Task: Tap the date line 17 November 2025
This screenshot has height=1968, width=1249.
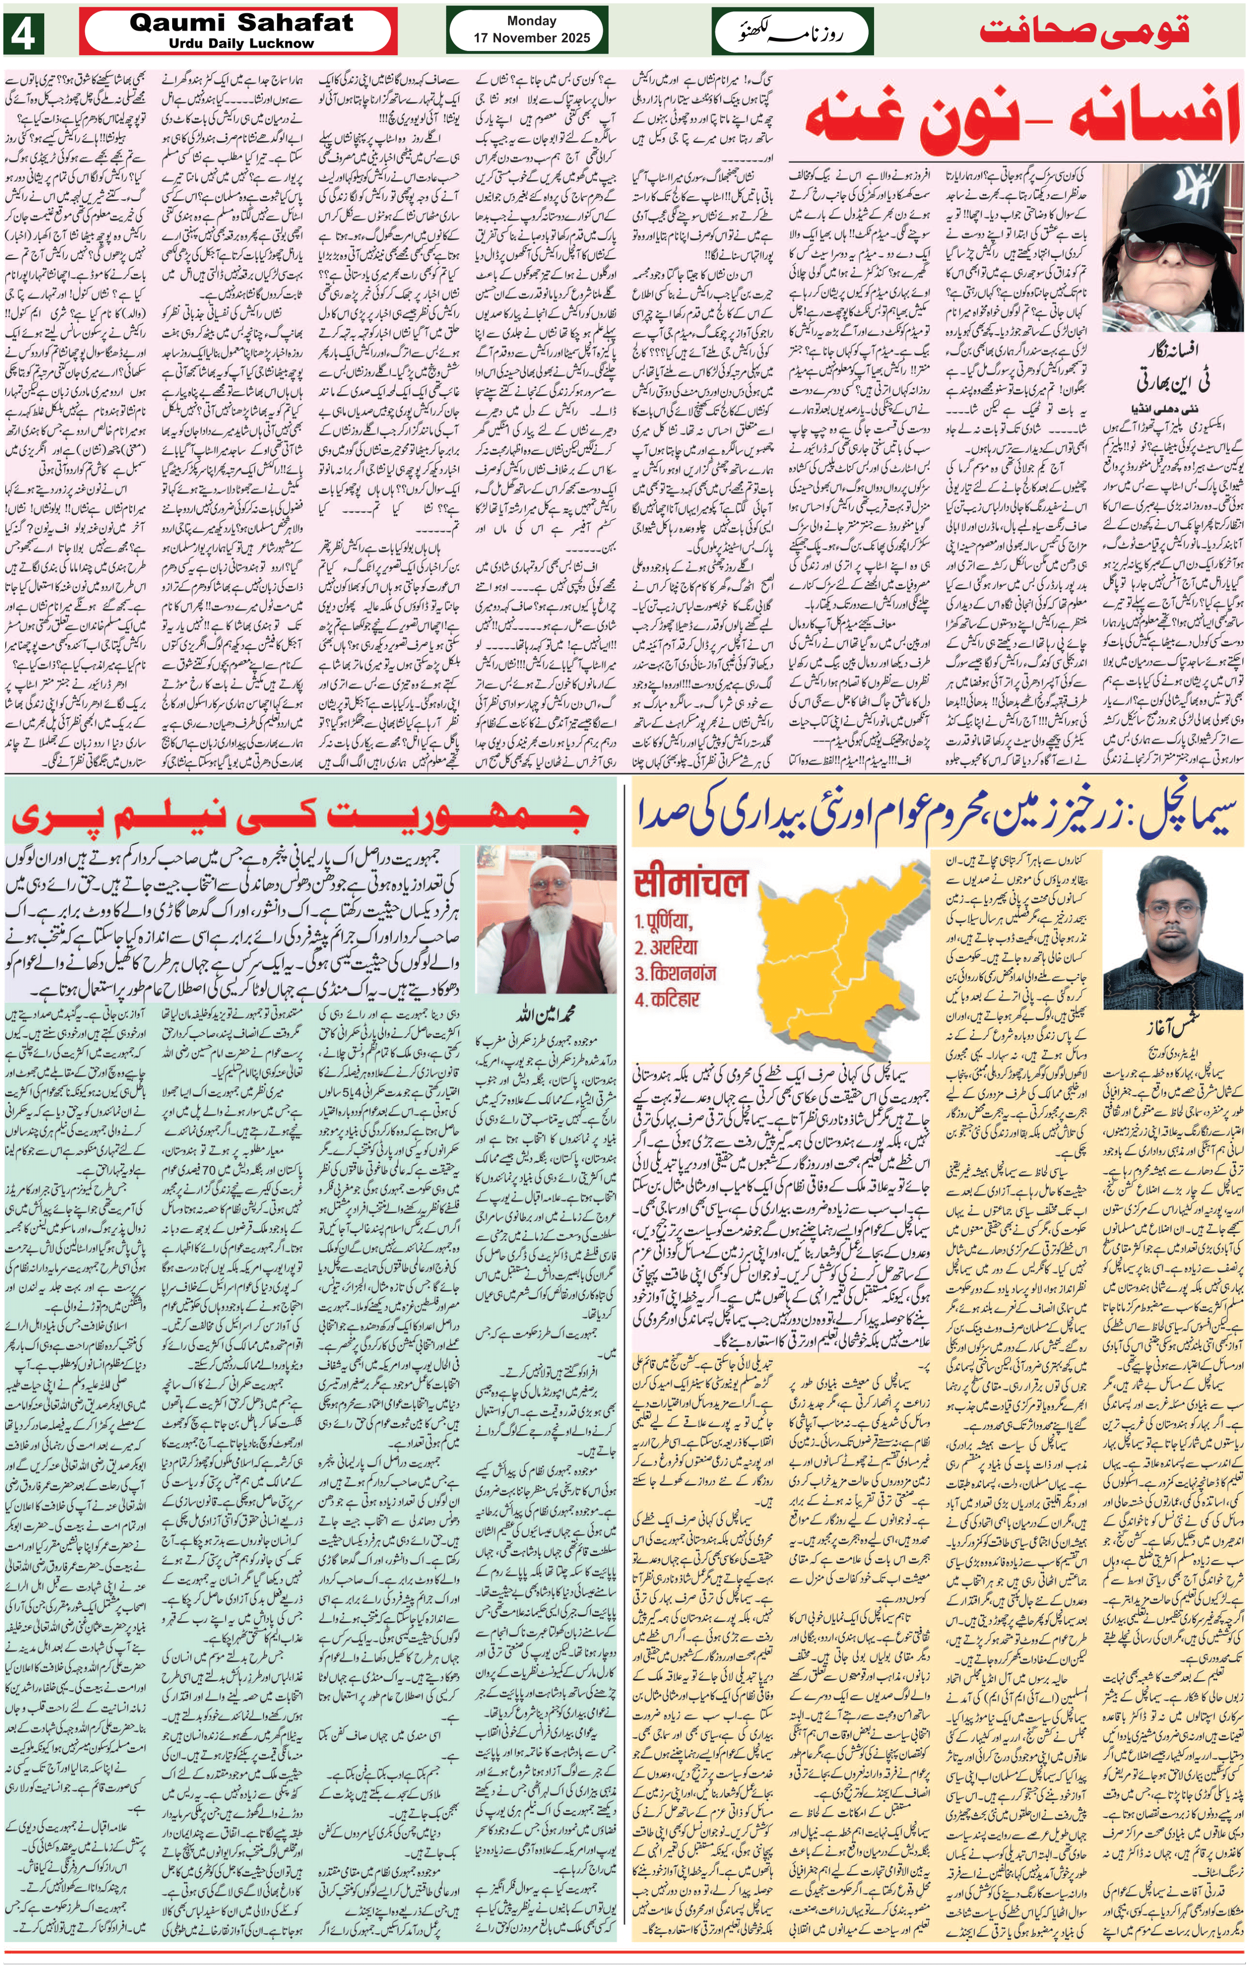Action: tap(531, 37)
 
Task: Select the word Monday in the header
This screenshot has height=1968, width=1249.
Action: tap(531, 21)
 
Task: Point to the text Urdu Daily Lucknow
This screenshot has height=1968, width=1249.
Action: tap(241, 43)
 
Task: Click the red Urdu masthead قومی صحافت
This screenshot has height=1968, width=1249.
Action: tap(1084, 31)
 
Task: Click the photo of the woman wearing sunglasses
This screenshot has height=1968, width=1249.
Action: tap(1171, 245)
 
